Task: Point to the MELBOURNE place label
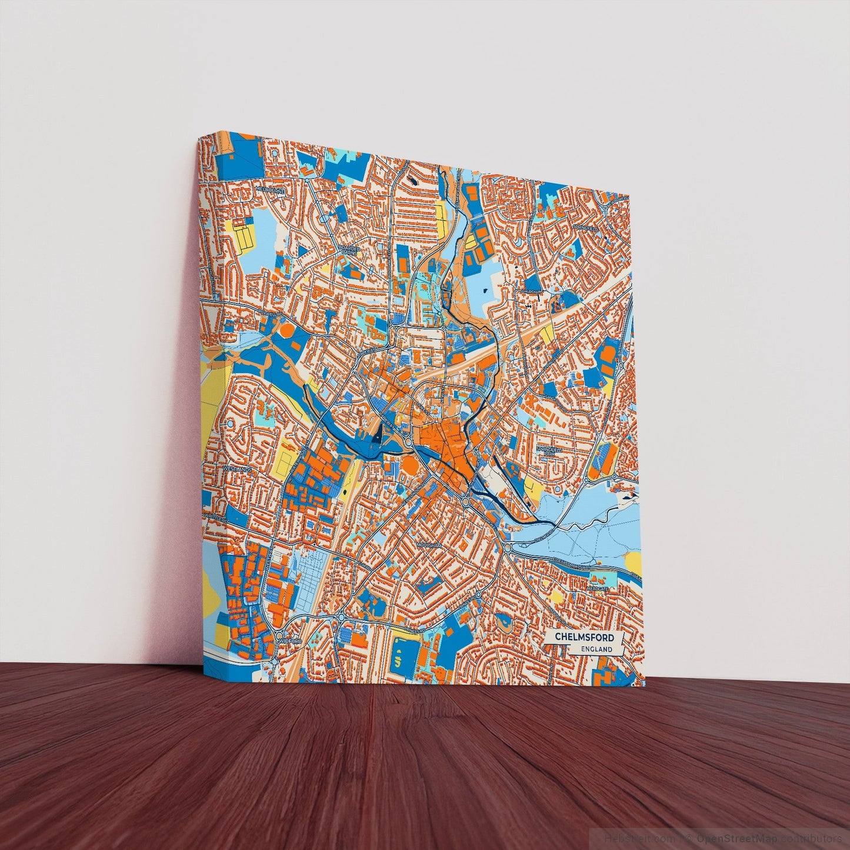(x=270, y=191)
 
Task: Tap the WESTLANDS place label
(x=237, y=469)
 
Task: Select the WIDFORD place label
(x=289, y=640)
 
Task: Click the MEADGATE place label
(x=597, y=588)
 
